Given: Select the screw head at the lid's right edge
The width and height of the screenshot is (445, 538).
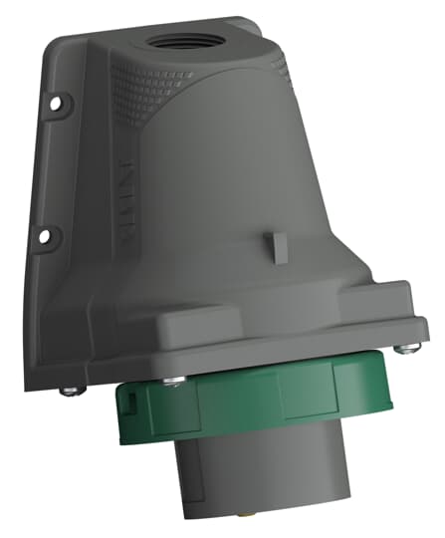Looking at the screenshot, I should pyautogui.click(x=402, y=349).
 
